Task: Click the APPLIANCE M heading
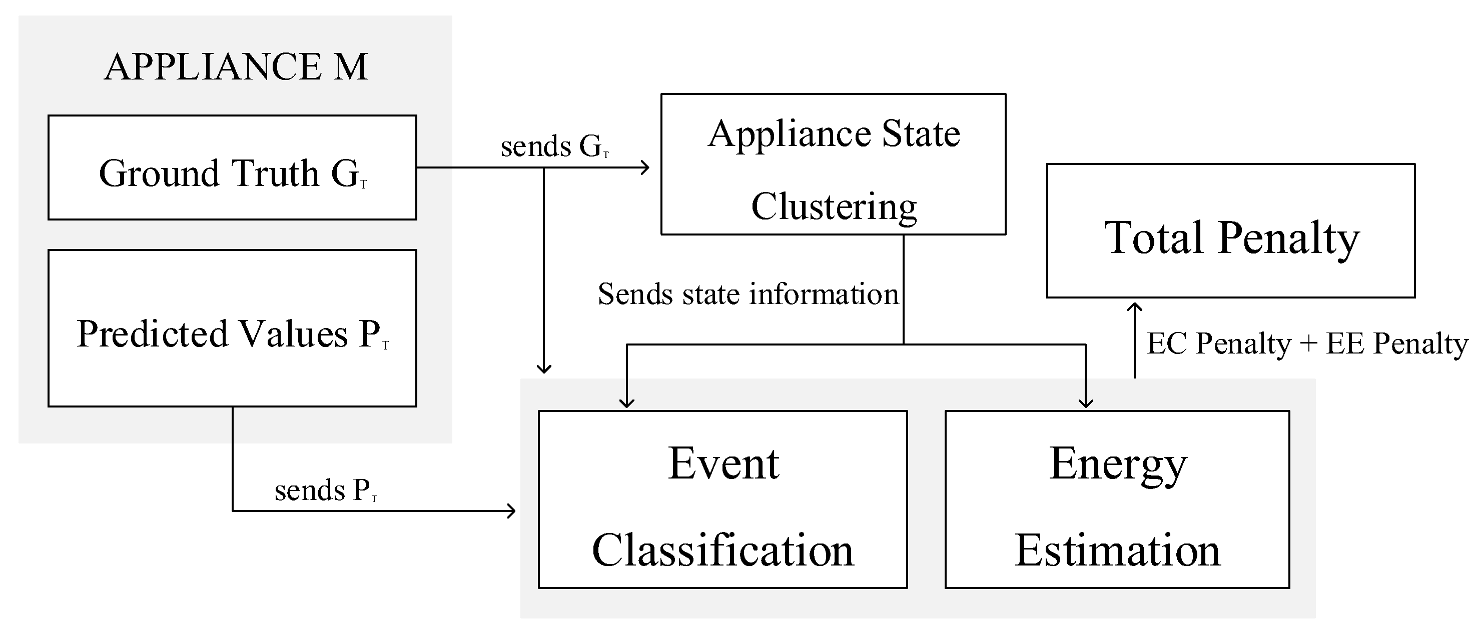click(x=236, y=67)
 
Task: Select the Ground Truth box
click(x=232, y=168)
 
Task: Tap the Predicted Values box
click(x=232, y=328)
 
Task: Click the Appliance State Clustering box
click(x=833, y=164)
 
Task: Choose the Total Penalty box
click(x=1230, y=231)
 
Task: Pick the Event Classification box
click(x=723, y=499)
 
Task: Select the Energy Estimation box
click(x=1117, y=499)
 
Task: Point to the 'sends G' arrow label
click(x=554, y=146)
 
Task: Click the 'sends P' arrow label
click(x=325, y=490)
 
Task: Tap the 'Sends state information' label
click(x=748, y=294)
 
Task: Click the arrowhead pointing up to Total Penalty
click(x=1134, y=307)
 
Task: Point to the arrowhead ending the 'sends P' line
click(x=512, y=510)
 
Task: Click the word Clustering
click(x=834, y=207)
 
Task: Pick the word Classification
click(x=723, y=550)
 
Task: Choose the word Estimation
click(x=1117, y=550)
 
